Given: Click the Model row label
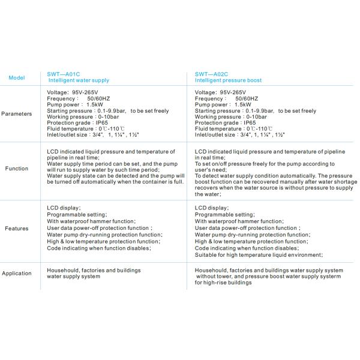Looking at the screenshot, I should click(16, 77).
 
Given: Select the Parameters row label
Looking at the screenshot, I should click(16, 113).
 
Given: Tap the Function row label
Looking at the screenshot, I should click(16, 169).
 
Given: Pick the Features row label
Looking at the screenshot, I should click(16, 229).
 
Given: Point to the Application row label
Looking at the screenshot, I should click(16, 274).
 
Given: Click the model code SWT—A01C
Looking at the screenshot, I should click(62, 74).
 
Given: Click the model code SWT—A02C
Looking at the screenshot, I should click(211, 74).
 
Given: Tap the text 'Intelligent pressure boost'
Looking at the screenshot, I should click(228, 80).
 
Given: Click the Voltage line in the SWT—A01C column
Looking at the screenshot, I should click(72, 92).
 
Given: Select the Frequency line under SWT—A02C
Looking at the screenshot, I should click(227, 98).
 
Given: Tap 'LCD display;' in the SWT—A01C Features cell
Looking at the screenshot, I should click(64, 208).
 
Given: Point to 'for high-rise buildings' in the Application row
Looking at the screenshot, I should click(223, 283).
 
